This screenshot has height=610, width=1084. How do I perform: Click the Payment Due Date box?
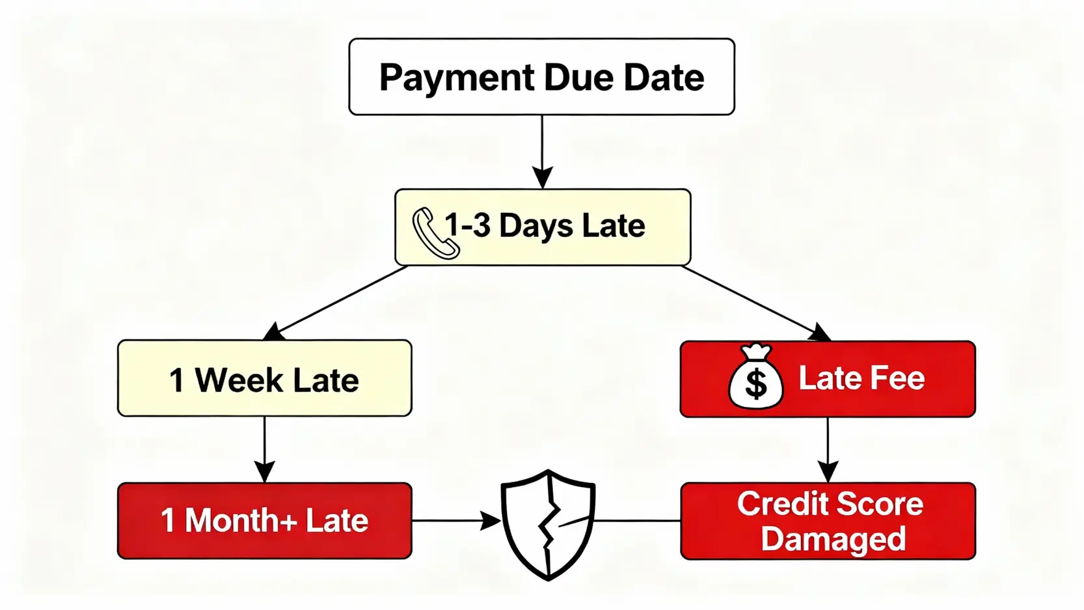pyautogui.click(x=541, y=77)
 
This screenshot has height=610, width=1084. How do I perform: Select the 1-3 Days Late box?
pyautogui.click(x=543, y=227)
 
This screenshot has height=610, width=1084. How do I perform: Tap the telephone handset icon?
pyautogui.click(x=435, y=233)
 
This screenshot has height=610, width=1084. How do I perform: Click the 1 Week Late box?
pyautogui.click(x=264, y=378)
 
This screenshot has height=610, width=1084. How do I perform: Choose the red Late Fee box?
pyautogui.click(x=828, y=379)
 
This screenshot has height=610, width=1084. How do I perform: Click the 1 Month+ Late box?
pyautogui.click(x=264, y=521)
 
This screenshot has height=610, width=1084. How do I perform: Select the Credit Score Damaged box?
pyautogui.click(x=828, y=521)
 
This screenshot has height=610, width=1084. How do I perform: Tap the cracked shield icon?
pyautogui.click(x=548, y=523)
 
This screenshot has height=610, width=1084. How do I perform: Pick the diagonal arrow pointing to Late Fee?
pyautogui.click(x=755, y=303)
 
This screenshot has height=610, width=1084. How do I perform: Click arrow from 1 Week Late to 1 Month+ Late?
pyautogui.click(x=264, y=449)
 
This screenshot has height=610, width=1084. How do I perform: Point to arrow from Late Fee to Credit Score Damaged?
pyautogui.click(x=828, y=449)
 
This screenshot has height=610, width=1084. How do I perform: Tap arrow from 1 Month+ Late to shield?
pyautogui.click(x=455, y=521)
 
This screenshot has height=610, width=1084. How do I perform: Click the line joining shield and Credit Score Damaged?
pyautogui.click(x=638, y=521)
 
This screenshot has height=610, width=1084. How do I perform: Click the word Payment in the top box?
pyautogui.click(x=456, y=78)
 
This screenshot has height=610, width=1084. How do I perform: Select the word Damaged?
pyautogui.click(x=833, y=539)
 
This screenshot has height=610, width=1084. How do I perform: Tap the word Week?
pyautogui.click(x=239, y=380)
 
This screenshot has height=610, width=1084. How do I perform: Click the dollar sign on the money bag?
pyautogui.click(x=755, y=384)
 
